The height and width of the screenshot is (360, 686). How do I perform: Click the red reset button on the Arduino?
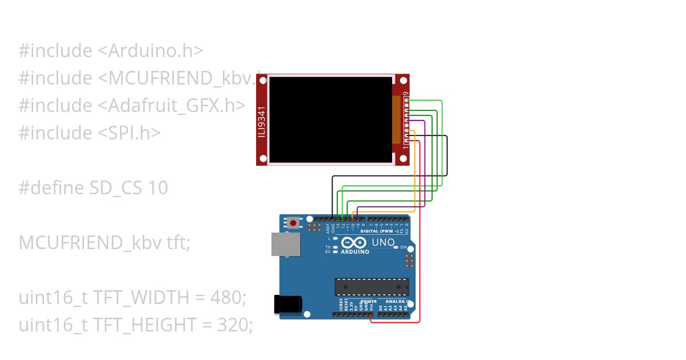click(x=294, y=223)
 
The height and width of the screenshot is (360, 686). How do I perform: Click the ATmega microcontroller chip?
click(x=372, y=286)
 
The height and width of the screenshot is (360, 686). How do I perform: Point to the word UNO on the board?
click(x=383, y=242)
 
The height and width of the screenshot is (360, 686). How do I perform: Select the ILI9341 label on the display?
click(x=262, y=120)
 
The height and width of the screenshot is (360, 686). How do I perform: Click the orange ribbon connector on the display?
click(x=396, y=119)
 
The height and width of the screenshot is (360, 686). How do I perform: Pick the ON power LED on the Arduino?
click(x=396, y=247)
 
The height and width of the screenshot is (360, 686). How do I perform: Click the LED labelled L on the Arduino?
click(x=335, y=238)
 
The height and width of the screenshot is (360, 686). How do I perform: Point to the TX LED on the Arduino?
click(x=335, y=247)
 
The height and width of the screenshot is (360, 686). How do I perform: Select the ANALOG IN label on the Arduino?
click(x=398, y=301)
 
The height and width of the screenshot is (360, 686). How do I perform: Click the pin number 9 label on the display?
click(x=405, y=94)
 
